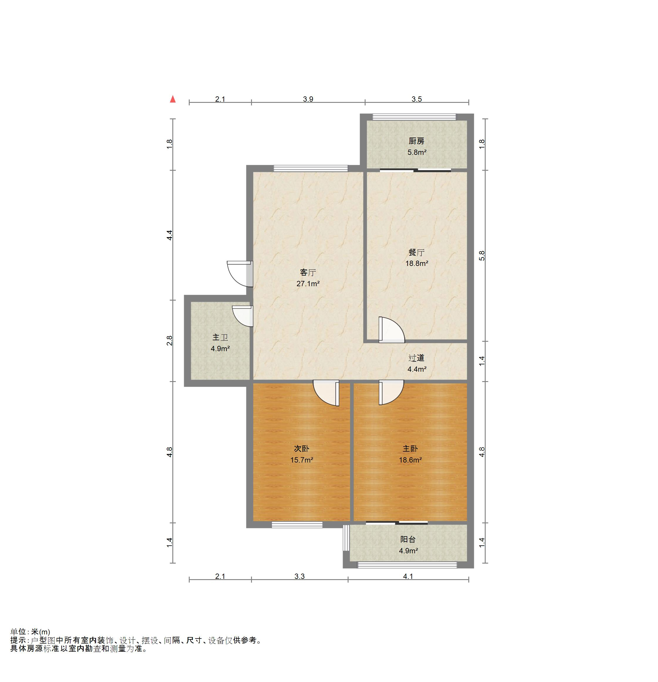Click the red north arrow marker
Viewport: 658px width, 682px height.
pos(172,99)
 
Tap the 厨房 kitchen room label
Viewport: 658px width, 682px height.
pos(416,141)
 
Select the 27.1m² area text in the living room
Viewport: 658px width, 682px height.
pos(308,284)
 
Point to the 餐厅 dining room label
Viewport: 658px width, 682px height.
pos(416,252)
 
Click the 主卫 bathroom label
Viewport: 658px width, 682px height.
pos(220,338)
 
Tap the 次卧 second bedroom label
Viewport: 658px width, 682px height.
pos(302,449)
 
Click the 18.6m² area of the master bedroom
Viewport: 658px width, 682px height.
pos(410,460)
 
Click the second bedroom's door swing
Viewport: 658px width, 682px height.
pos(326,393)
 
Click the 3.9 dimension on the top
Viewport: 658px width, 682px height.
pos(308,99)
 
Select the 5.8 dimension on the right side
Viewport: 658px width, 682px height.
pos(482,256)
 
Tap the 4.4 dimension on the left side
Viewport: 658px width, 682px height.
pos(169,235)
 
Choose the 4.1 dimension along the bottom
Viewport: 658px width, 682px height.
pos(408,576)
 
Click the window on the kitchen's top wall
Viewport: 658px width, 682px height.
pos(414,117)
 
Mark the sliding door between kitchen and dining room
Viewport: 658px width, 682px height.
pos(415,170)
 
